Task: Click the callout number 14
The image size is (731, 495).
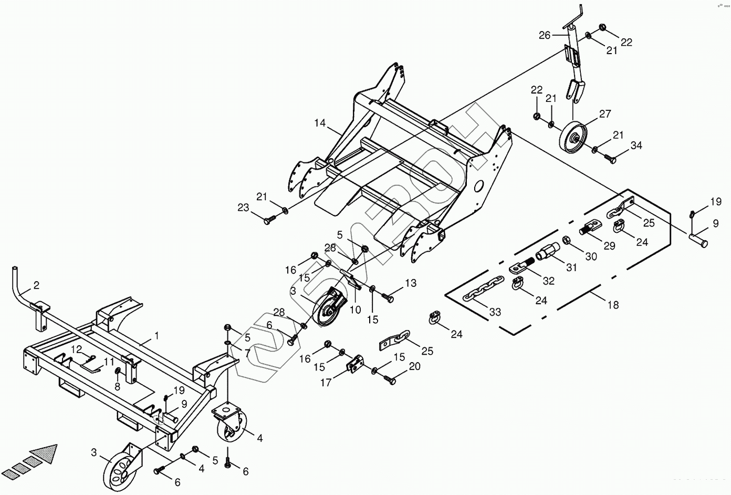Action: coord(320,124)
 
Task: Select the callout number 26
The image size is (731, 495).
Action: coord(545,35)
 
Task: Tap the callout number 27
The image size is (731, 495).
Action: coord(605,114)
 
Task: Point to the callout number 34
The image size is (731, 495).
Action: coord(636,146)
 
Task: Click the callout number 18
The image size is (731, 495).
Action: coord(613,304)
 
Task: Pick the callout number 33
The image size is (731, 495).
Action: coord(495,312)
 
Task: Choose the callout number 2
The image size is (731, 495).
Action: coord(36,285)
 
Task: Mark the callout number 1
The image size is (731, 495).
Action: coord(156,335)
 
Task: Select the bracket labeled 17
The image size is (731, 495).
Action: coord(356,364)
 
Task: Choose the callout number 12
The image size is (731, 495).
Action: coord(77,349)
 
